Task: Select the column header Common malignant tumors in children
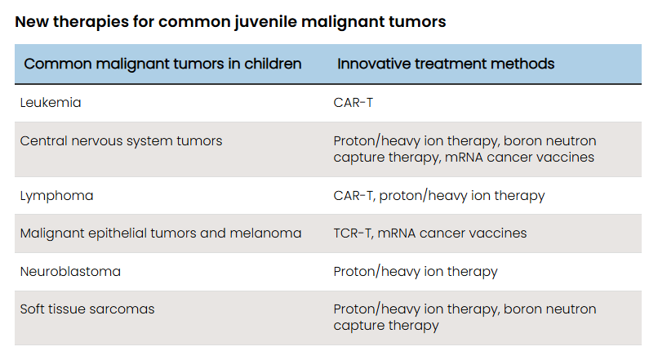tap(162, 64)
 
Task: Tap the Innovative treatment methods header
tap(446, 64)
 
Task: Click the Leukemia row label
tap(51, 103)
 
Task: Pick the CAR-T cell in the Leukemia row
tap(353, 103)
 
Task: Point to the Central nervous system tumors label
tap(122, 141)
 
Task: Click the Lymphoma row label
tap(56, 196)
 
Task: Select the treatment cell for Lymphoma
tap(439, 196)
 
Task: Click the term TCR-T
tap(352, 233)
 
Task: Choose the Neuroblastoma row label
tap(70, 272)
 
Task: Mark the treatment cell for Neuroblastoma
tap(416, 272)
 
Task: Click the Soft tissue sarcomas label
tap(87, 309)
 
